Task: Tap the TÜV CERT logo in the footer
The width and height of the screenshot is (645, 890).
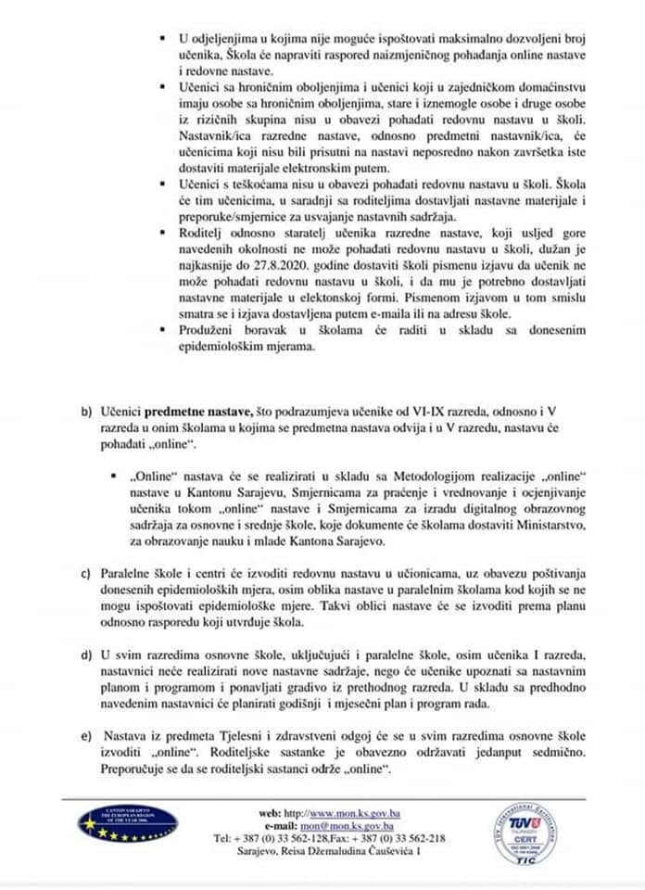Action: pyautogui.click(x=525, y=833)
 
